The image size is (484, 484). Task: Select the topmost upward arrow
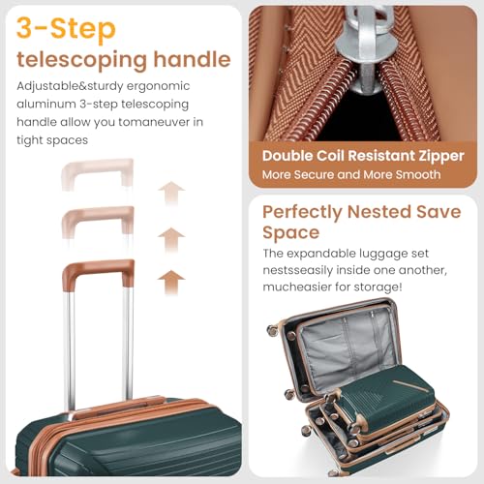click(171, 193)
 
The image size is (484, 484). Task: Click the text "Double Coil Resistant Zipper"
click(363, 155)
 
